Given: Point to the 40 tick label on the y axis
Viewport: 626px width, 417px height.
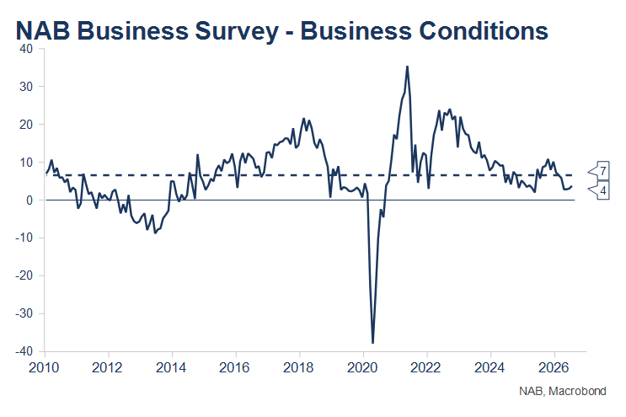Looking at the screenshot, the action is (x=26, y=49).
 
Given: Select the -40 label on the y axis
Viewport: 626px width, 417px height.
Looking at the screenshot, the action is (x=24, y=351).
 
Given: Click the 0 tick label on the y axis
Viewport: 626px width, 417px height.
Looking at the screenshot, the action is (x=29, y=200).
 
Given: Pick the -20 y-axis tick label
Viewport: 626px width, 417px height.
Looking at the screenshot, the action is (x=24, y=275).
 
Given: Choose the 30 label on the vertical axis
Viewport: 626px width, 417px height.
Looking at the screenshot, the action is (x=26, y=87).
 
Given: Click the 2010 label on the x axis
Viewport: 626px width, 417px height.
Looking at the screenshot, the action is (x=44, y=367).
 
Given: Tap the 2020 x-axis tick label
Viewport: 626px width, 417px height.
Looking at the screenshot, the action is (x=362, y=367).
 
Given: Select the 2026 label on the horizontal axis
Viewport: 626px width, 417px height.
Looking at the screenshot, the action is (x=554, y=367).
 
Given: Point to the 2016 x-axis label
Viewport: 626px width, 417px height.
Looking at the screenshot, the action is (x=235, y=367).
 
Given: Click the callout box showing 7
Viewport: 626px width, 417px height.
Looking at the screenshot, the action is (x=599, y=171).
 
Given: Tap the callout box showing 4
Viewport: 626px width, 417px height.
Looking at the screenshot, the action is (x=599, y=190).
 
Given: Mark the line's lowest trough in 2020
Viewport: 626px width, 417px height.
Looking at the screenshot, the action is (x=373, y=343).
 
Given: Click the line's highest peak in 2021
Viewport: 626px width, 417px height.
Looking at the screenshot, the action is (x=407, y=67).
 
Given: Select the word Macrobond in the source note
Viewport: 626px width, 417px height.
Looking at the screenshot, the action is (x=577, y=391).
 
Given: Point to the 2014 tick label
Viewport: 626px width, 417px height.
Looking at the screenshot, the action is (x=171, y=367).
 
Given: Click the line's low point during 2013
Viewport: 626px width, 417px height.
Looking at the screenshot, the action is (x=155, y=233).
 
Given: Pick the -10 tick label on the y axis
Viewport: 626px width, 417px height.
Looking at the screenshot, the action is (x=24, y=238).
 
